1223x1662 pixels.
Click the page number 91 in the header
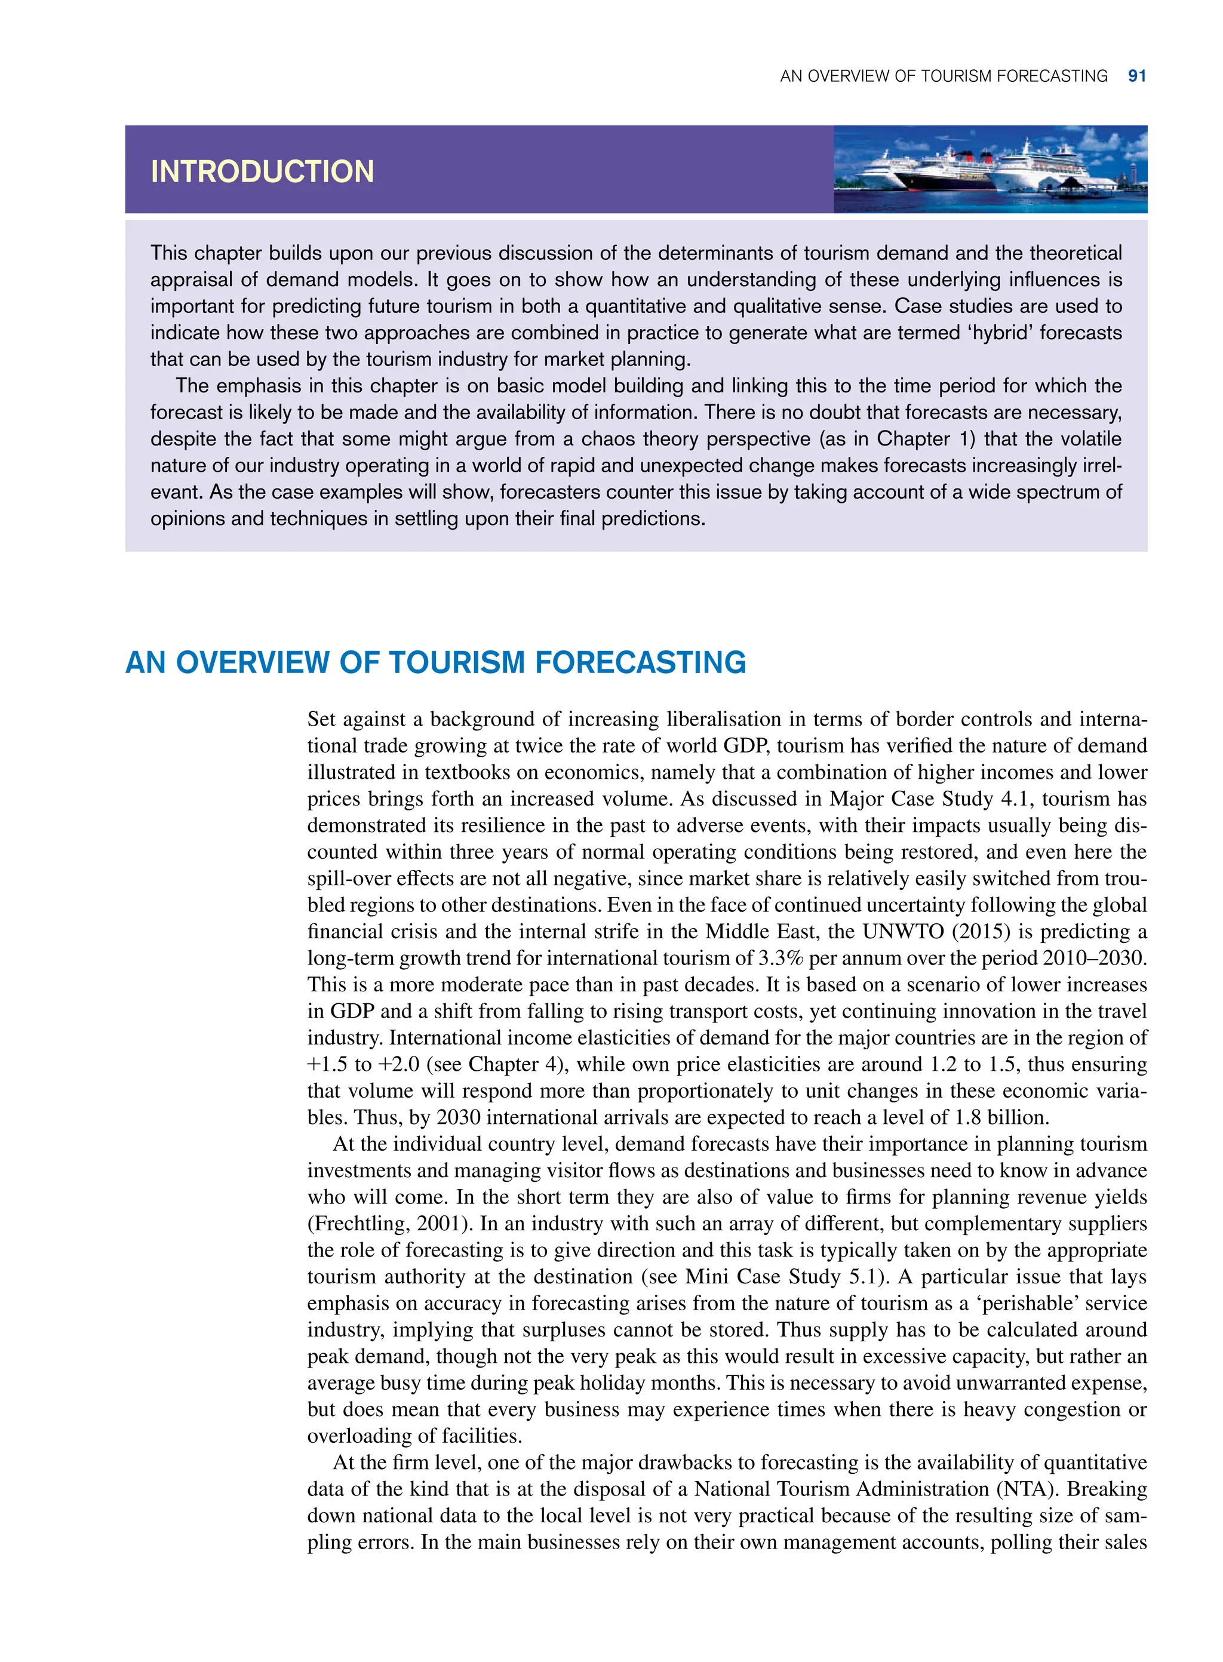tap(1136, 76)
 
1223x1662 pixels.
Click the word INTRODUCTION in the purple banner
tap(262, 172)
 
